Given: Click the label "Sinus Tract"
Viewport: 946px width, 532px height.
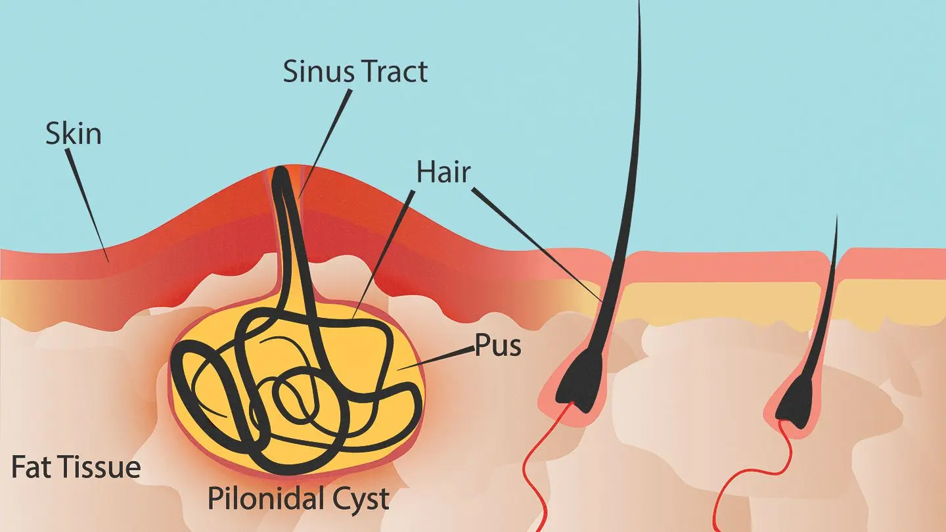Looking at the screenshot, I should click(355, 71).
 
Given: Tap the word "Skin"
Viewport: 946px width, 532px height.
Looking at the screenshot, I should click(74, 133).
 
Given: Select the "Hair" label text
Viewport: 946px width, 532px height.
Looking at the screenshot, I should click(443, 172).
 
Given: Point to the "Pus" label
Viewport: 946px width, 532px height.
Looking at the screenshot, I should click(498, 346).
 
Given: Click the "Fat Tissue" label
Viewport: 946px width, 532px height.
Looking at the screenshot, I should click(76, 467).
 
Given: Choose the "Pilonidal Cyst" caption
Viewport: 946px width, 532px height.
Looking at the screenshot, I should click(298, 499).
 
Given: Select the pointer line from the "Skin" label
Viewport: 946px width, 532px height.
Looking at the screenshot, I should click(88, 204).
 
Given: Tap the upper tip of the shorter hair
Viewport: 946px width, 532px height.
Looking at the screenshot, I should click(836, 220).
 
